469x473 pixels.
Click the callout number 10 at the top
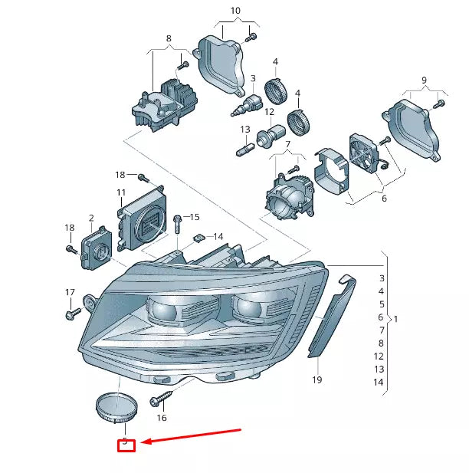coord(235,11)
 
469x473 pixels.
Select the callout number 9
coord(423,80)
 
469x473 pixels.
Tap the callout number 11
coord(121,192)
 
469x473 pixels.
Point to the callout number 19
coord(316,379)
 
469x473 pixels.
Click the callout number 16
coord(161,418)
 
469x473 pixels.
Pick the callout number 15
coord(194,217)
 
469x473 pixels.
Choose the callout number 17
coord(70,292)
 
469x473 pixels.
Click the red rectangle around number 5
coord(125,444)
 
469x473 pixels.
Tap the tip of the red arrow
coord(143,442)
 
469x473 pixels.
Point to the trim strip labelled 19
coord(331,315)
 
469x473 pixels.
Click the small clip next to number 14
coord(197,237)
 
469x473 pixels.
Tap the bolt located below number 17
coord(74,314)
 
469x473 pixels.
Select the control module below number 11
coord(142,218)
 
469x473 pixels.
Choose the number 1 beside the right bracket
coord(395,317)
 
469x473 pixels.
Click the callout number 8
coord(168,38)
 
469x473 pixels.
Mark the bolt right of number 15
coord(178,222)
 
